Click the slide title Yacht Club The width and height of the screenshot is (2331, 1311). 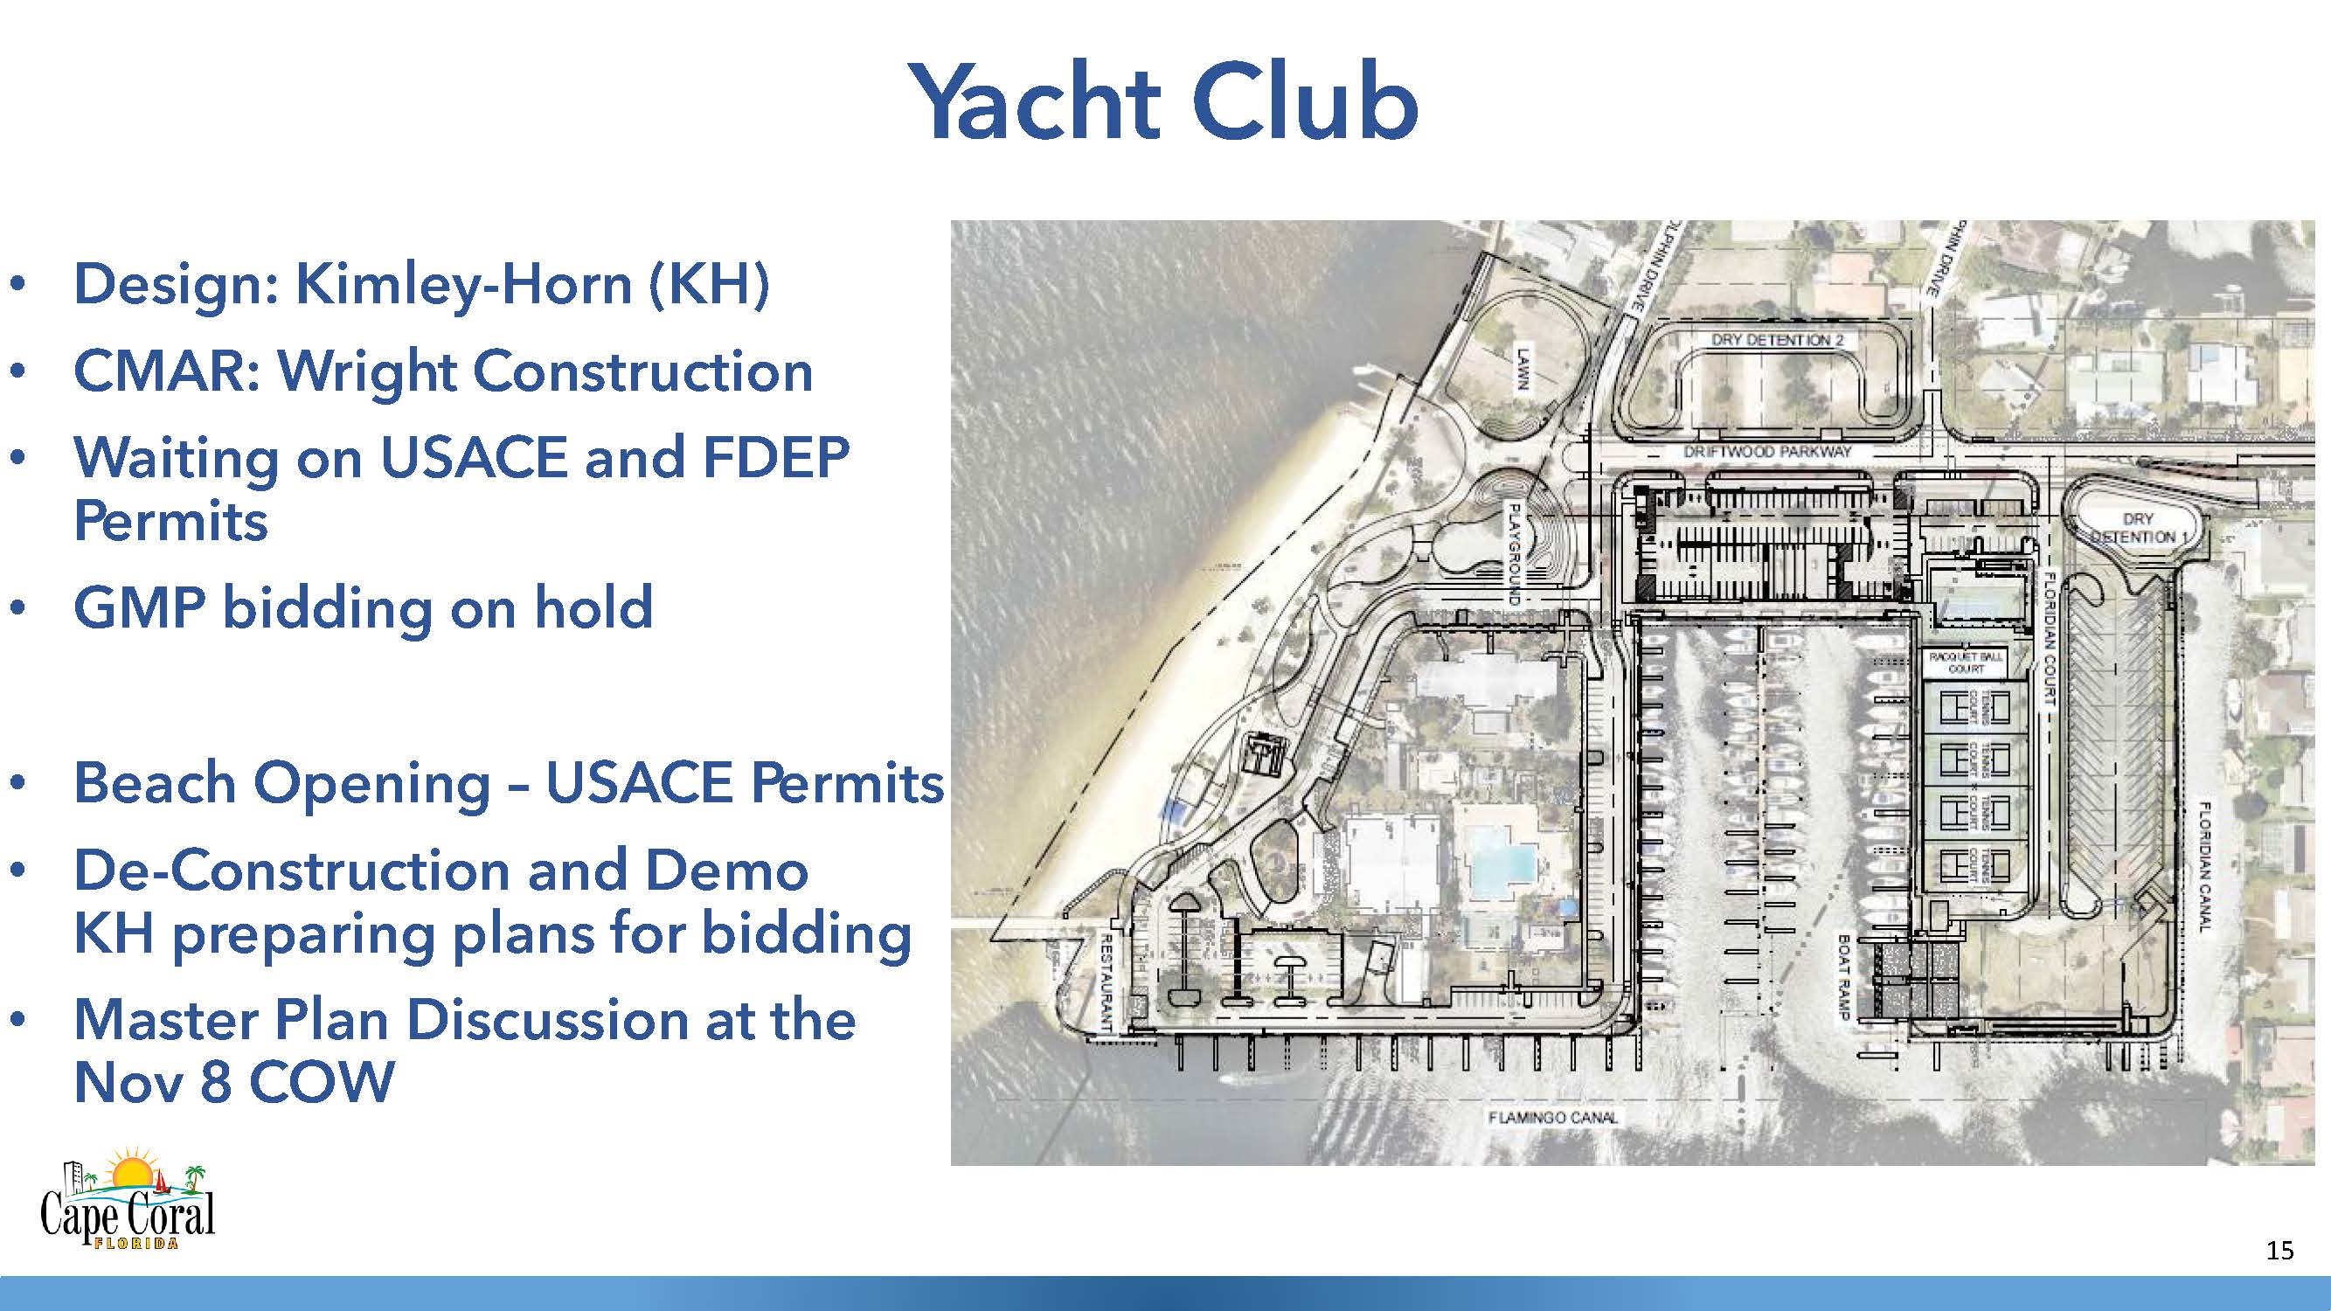click(x=1162, y=101)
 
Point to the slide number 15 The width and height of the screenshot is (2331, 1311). click(x=2279, y=1251)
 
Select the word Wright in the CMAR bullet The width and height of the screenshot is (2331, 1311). click(x=366, y=371)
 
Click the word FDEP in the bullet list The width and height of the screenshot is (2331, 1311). click(x=775, y=458)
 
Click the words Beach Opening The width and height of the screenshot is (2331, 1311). click(x=281, y=782)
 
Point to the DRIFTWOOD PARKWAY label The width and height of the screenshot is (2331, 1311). click(x=1767, y=451)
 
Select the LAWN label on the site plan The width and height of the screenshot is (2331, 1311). click(x=1523, y=368)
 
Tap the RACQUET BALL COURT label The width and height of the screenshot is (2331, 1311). click(x=1966, y=662)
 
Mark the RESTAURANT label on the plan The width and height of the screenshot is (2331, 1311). click(x=1106, y=982)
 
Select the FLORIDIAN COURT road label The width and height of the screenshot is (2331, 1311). click(x=2048, y=638)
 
